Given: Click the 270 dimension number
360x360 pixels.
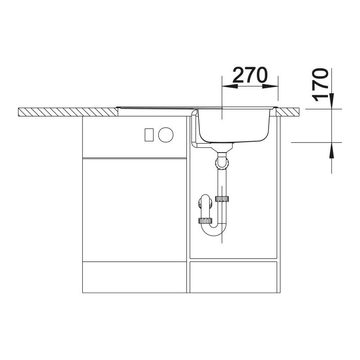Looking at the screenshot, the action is tap(250, 75).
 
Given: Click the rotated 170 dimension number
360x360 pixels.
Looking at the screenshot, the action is tap(319, 85).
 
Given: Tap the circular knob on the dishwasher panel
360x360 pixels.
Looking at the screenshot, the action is tap(166, 135).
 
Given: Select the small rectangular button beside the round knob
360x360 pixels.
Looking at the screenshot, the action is tap(149, 135).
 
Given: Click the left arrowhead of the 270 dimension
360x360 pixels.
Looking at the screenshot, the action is tap(230, 86).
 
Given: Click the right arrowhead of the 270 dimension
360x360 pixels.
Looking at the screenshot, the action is tap(270, 86).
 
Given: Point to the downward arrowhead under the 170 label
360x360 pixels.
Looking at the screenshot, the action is tap(332, 100).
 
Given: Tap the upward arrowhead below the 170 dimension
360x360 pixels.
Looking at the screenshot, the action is tap(332, 150).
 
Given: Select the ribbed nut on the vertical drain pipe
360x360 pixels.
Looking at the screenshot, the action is tap(222, 199).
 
